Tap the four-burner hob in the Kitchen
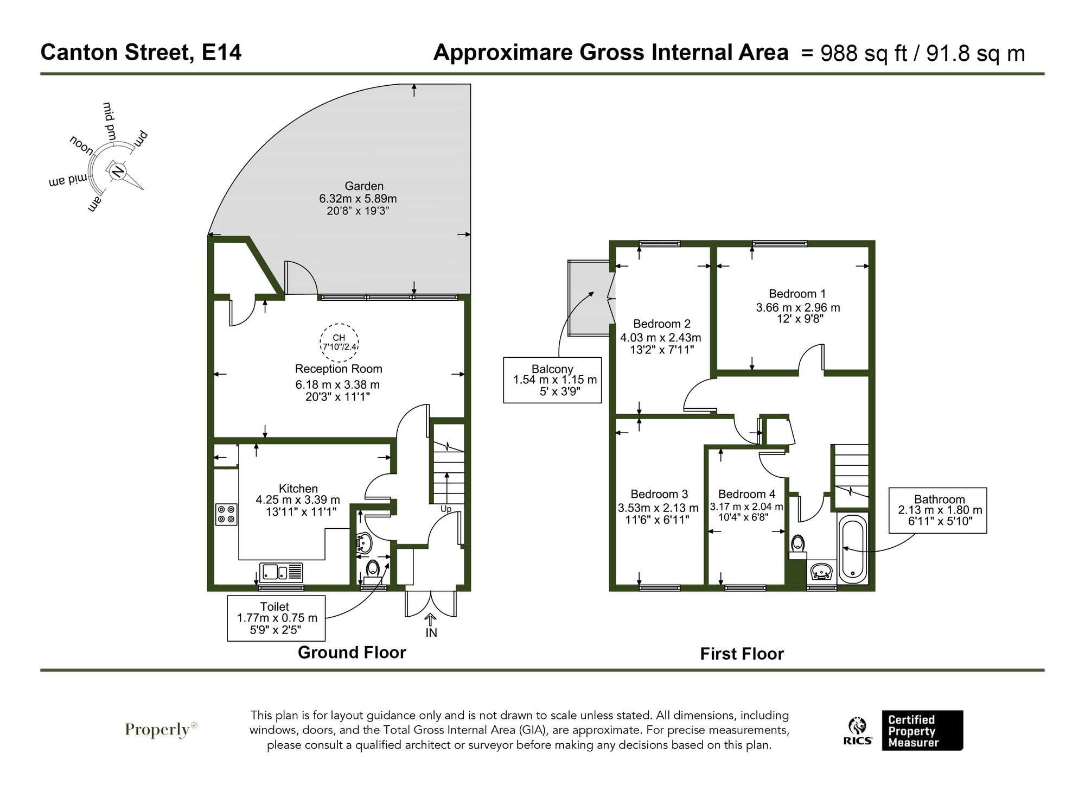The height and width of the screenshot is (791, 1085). tap(226, 514)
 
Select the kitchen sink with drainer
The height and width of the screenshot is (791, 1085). tap(282, 572)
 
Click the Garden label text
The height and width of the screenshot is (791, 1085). tap(364, 186)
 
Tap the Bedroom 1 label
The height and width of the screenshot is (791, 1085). tap(797, 294)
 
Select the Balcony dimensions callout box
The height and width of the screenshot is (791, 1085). tap(552, 379)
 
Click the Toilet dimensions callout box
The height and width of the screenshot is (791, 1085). tap(276, 618)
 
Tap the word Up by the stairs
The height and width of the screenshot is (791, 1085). tap(445, 509)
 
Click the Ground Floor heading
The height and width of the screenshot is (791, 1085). tap(352, 652)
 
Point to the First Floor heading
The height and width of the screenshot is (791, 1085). tap(741, 654)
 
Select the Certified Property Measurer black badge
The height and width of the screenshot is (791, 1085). tap(922, 731)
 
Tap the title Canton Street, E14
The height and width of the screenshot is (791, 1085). tap(141, 53)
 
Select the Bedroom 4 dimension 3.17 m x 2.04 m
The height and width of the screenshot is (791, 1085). tap(746, 507)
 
